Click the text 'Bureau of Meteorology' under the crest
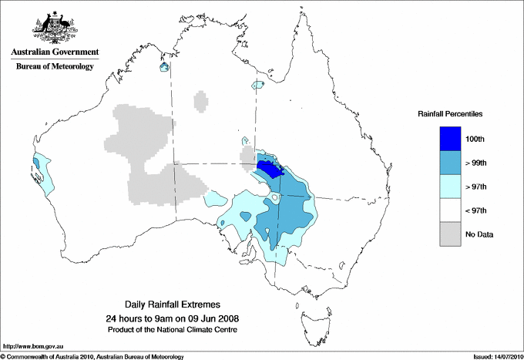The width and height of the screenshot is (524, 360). click(55, 66)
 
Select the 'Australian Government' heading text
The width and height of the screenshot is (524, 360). click(54, 52)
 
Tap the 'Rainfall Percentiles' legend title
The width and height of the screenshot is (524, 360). click(450, 114)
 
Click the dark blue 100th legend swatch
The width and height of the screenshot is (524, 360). click(450, 139)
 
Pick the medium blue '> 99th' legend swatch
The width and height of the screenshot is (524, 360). click(450, 163)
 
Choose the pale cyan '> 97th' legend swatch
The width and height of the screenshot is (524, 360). click(450, 187)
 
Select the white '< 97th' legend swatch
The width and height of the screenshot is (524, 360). click(450, 210)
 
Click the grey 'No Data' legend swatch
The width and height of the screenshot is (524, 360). click(450, 234)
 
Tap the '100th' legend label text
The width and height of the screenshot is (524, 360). click(475, 139)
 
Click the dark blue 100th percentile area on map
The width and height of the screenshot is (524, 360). click(269, 167)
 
